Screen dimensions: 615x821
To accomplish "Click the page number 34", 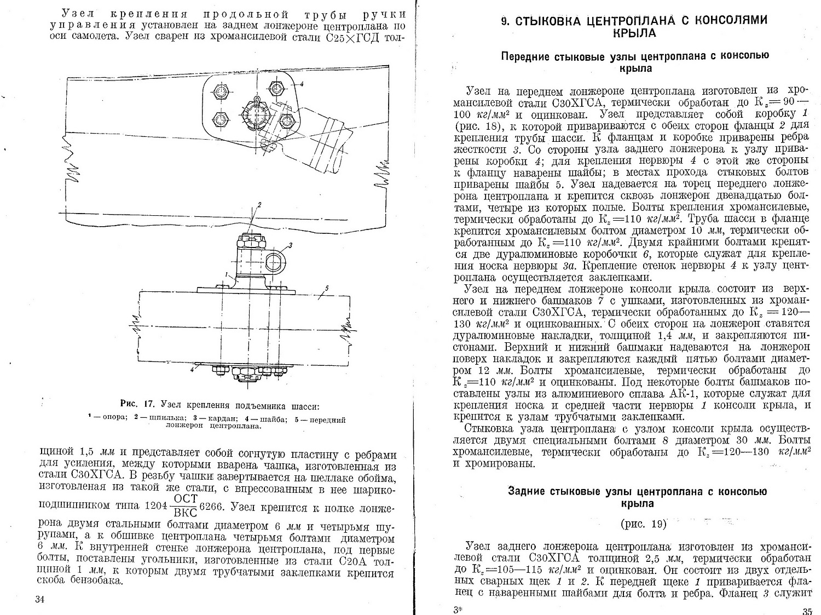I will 39,599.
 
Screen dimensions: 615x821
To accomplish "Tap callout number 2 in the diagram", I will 259,204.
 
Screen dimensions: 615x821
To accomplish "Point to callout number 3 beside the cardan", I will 291,245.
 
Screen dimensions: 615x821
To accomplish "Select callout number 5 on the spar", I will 327,288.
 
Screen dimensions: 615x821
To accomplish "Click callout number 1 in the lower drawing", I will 226,273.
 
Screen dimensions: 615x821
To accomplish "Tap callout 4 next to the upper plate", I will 301,84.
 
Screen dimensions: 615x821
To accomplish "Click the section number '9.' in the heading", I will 506,21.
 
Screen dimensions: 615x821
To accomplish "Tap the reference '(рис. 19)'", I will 643,524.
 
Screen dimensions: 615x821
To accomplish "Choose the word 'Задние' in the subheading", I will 527,491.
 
